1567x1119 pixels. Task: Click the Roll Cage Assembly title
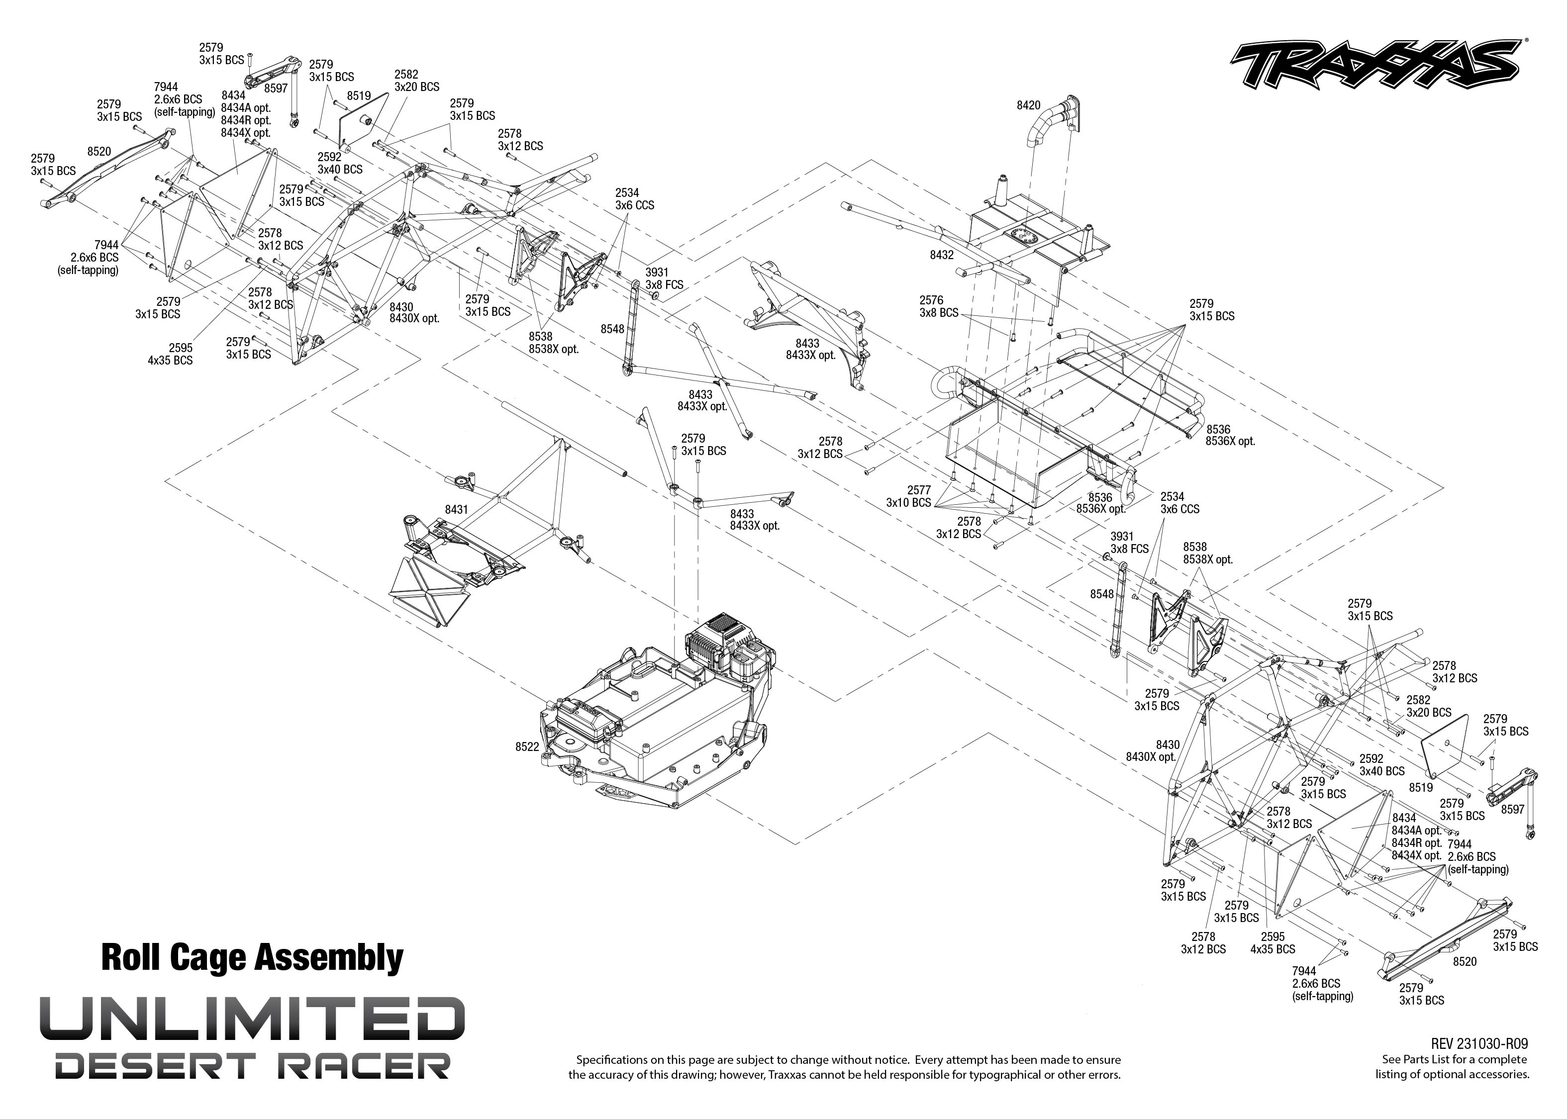[252, 958]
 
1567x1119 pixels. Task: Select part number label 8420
[1028, 105]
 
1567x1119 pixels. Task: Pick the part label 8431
[456, 509]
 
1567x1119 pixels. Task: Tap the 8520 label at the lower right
[1465, 961]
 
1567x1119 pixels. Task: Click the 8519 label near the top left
[359, 96]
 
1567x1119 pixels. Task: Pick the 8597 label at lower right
[1513, 810]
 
